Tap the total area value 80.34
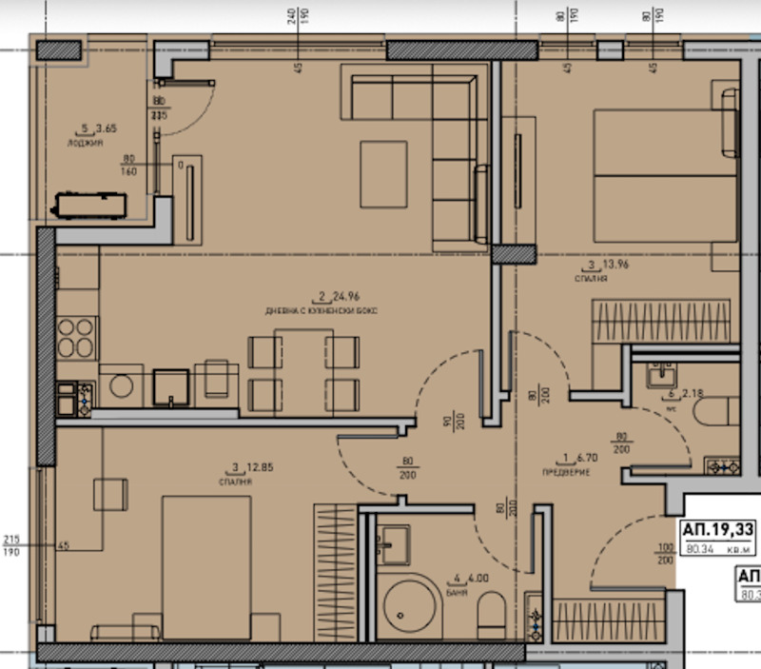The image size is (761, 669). tap(705, 547)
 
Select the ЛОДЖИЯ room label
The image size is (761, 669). tap(79, 143)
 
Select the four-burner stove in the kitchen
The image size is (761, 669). tap(76, 337)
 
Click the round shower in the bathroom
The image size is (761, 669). tap(413, 606)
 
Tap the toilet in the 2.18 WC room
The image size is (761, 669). tap(715, 411)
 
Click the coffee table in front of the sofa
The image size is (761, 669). tap(383, 173)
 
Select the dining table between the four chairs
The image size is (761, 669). tap(304, 369)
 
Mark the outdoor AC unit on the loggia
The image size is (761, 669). tap(89, 205)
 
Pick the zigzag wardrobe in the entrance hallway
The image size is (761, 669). tap(609, 620)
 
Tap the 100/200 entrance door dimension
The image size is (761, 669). tap(663, 554)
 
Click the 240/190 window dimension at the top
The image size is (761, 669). tap(300, 15)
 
